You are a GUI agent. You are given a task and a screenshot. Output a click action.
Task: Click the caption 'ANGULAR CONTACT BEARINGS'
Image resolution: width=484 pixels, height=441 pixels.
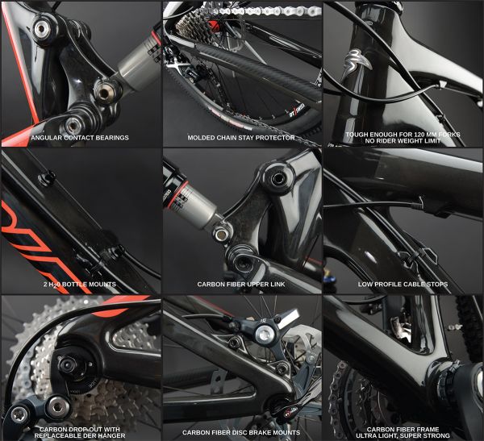click(80, 138)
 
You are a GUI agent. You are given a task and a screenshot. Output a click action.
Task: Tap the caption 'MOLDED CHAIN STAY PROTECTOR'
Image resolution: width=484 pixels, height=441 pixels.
click(241, 138)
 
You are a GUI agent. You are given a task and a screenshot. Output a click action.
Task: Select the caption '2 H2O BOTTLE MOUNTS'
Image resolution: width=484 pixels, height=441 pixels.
click(80, 285)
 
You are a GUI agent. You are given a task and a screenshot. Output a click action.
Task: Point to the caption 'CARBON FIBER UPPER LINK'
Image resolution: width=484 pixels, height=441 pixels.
click(241, 285)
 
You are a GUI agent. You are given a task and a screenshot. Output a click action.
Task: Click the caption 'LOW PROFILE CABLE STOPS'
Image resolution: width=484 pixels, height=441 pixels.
click(403, 285)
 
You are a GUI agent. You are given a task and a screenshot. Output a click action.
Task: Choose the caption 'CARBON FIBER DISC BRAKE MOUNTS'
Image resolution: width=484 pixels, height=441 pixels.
click(241, 433)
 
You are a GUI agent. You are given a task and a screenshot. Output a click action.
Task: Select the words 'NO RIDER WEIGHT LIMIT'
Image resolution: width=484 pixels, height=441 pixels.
click(403, 141)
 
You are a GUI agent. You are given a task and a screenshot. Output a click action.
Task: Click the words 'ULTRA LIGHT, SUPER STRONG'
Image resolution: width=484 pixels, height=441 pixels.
click(403, 435)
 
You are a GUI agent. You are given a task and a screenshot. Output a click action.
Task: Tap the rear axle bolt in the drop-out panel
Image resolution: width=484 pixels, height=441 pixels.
click(68, 365)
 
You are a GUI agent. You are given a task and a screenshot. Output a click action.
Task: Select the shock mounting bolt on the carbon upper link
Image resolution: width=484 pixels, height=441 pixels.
click(221, 235)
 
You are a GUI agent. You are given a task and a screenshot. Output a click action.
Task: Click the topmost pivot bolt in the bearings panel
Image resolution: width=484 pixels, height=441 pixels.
click(40, 28)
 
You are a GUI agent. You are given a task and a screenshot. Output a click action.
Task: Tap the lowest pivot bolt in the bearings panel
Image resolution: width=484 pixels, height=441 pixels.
click(72, 125)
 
